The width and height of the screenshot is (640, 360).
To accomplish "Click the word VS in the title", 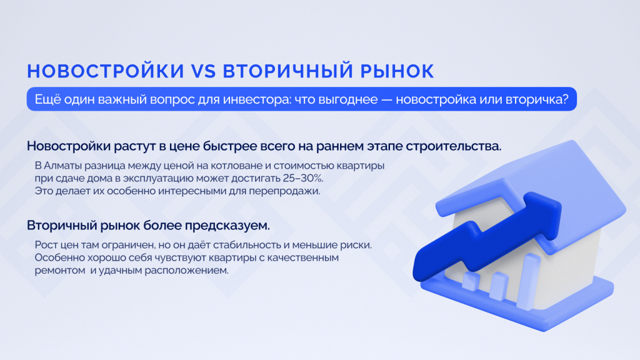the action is [x=203, y=71].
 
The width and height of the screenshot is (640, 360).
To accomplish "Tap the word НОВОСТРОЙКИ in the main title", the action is [x=106, y=71].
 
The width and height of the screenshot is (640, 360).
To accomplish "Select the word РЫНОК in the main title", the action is [x=397, y=71].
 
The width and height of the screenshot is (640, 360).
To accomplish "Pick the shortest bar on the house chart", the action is [x=471, y=282].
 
